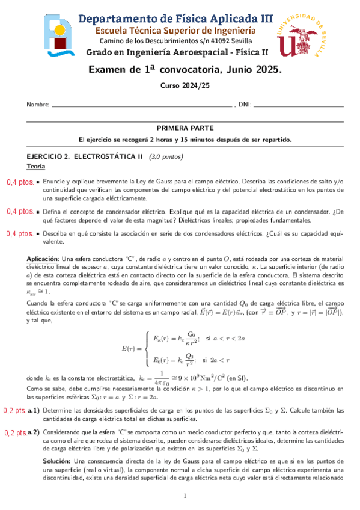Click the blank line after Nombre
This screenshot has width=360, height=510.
[x=142, y=106]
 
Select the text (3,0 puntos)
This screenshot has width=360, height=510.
[x=166, y=156]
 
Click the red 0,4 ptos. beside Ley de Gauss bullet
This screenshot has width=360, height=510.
[x=19, y=182]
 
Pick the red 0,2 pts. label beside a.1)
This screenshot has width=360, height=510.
[x=16, y=411]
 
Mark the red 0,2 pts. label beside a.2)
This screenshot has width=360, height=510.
[x=16, y=432]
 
